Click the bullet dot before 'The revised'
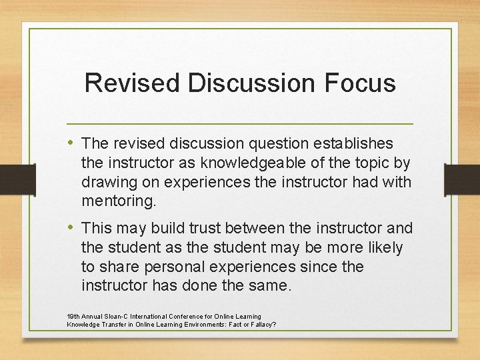[71, 143]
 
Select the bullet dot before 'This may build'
[71, 228]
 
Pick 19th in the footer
[73, 316]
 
